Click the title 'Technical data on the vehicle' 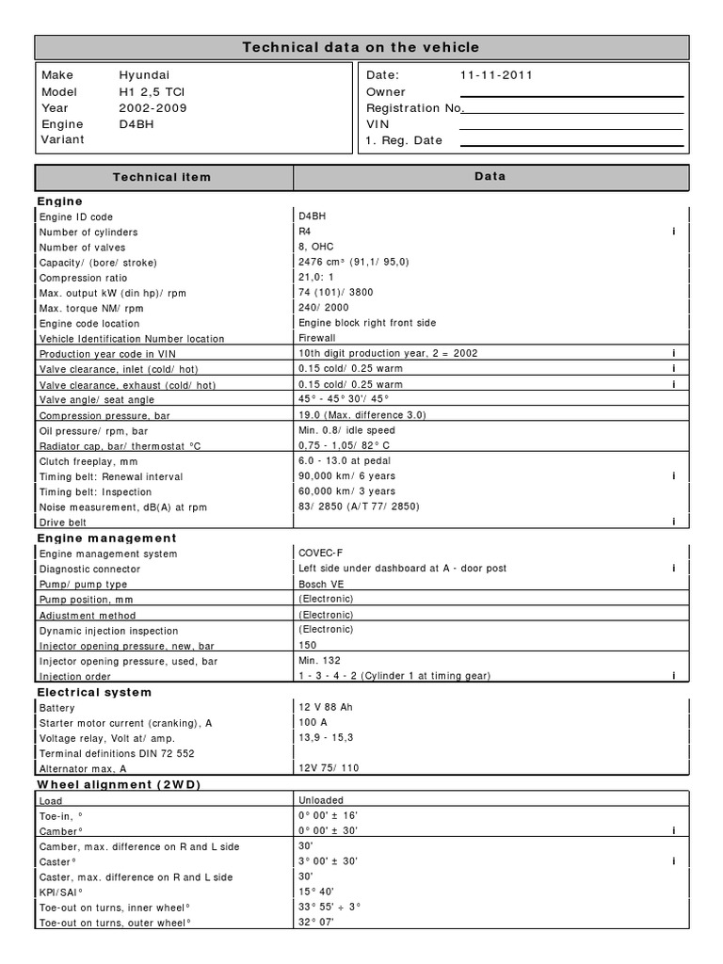tap(361, 47)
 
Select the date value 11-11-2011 tap(496, 75)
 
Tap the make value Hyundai tap(144, 75)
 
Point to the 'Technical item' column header tap(162, 177)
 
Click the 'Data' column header tap(490, 176)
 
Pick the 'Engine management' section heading tap(106, 538)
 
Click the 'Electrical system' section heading tap(93, 692)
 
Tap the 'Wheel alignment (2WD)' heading tap(119, 784)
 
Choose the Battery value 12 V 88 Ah tap(325, 707)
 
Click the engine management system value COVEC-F tap(321, 554)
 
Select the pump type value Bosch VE tap(321, 584)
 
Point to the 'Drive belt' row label tap(63, 522)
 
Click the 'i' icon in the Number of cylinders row tap(674, 232)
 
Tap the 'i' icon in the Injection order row tap(674, 676)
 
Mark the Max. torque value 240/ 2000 tap(323, 308)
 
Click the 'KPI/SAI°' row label tap(61, 892)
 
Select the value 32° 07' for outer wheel tap(315, 923)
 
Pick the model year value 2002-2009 tap(153, 107)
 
